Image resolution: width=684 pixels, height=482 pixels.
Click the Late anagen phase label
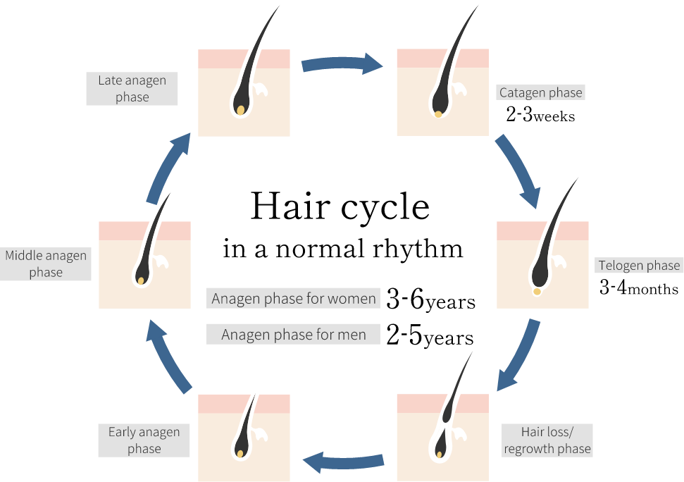(x=132, y=89)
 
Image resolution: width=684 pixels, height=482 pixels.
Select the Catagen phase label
(x=540, y=92)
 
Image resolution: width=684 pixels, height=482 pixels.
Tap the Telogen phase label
(x=639, y=266)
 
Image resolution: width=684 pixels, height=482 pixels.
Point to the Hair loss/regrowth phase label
(x=547, y=440)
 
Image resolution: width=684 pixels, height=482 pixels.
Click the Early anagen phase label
(x=144, y=440)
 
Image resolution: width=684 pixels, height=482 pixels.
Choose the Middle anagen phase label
(x=46, y=264)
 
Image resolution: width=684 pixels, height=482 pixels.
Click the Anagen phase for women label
(x=294, y=298)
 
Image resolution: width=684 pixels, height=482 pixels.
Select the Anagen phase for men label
(x=293, y=335)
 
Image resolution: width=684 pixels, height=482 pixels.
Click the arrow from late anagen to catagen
(x=342, y=64)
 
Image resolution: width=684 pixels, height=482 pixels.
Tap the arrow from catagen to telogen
(x=518, y=171)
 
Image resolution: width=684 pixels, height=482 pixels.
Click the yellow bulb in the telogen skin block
(x=537, y=291)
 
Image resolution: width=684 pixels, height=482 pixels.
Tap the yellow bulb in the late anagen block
(x=241, y=110)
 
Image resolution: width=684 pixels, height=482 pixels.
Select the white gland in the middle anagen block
(x=161, y=262)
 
